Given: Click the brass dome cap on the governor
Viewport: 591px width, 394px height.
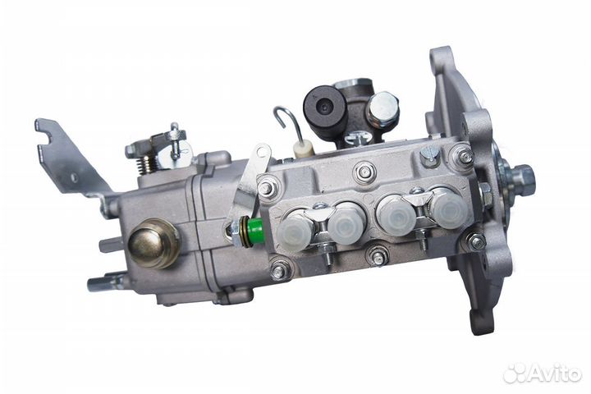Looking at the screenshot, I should (153, 243).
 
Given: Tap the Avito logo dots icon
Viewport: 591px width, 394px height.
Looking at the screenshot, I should (515, 373).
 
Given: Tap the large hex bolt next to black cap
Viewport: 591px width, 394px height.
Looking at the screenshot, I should (383, 108).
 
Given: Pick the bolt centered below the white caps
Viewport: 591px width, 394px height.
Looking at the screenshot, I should (378, 257).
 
